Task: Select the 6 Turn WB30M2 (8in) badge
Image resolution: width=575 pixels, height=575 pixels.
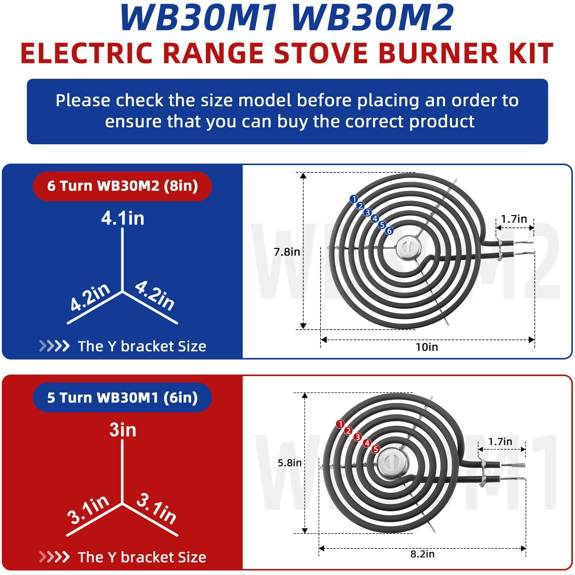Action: pyautogui.click(x=122, y=186)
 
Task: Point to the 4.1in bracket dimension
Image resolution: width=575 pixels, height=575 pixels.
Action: pyautogui.click(x=123, y=218)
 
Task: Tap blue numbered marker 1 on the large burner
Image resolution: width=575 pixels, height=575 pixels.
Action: pyautogui.click(x=353, y=199)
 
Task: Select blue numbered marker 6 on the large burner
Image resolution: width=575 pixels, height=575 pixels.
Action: pyautogui.click(x=389, y=231)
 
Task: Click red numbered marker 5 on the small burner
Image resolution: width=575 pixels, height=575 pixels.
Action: pyautogui.click(x=375, y=449)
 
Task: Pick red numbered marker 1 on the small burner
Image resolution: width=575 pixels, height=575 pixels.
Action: pyautogui.click(x=340, y=424)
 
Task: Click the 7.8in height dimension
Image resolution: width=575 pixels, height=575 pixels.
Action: pyautogui.click(x=287, y=252)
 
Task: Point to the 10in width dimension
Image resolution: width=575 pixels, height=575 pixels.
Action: pyautogui.click(x=426, y=347)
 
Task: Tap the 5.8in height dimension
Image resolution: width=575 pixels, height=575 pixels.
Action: pyautogui.click(x=289, y=463)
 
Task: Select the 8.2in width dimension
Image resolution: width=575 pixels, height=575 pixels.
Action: pyautogui.click(x=422, y=554)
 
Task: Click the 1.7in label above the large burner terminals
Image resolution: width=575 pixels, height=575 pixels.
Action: pyautogui.click(x=514, y=219)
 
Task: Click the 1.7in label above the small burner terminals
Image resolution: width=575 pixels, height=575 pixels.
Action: pyautogui.click(x=500, y=442)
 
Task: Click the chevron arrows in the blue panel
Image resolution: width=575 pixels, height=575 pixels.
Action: pyautogui.click(x=54, y=346)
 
